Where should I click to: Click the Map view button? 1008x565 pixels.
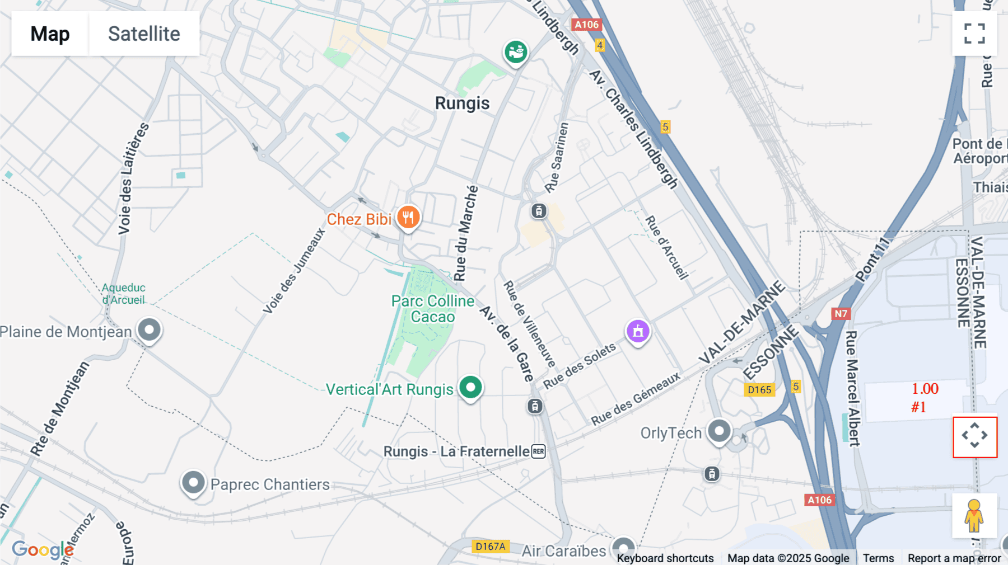[x=50, y=34]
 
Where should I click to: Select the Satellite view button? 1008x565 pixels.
[x=144, y=34]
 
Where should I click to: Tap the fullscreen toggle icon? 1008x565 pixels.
[x=974, y=34]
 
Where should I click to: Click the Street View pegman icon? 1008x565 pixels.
[x=974, y=516]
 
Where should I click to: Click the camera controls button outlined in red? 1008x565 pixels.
[x=974, y=436]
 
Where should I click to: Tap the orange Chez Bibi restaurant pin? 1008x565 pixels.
[x=408, y=217]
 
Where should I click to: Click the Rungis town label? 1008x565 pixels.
[x=462, y=103]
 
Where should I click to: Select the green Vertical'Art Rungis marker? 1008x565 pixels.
[x=470, y=387]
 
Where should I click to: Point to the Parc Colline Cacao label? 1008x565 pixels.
[x=432, y=309]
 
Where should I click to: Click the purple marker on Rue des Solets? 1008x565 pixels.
[x=638, y=331]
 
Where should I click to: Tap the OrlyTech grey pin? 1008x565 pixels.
[x=719, y=431]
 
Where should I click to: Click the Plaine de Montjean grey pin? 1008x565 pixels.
[x=149, y=329]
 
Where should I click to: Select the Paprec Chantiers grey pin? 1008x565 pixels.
[x=193, y=482]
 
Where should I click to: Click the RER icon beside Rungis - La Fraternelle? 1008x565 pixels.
[x=538, y=451]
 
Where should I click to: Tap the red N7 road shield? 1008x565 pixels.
[x=841, y=313]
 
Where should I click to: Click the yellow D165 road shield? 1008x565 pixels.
[x=759, y=390]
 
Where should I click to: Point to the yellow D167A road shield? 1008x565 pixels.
[x=490, y=547]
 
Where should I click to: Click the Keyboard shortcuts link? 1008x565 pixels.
[x=665, y=558]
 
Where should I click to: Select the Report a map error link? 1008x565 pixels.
[x=954, y=558]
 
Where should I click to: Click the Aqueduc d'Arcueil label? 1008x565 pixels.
[x=123, y=294]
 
